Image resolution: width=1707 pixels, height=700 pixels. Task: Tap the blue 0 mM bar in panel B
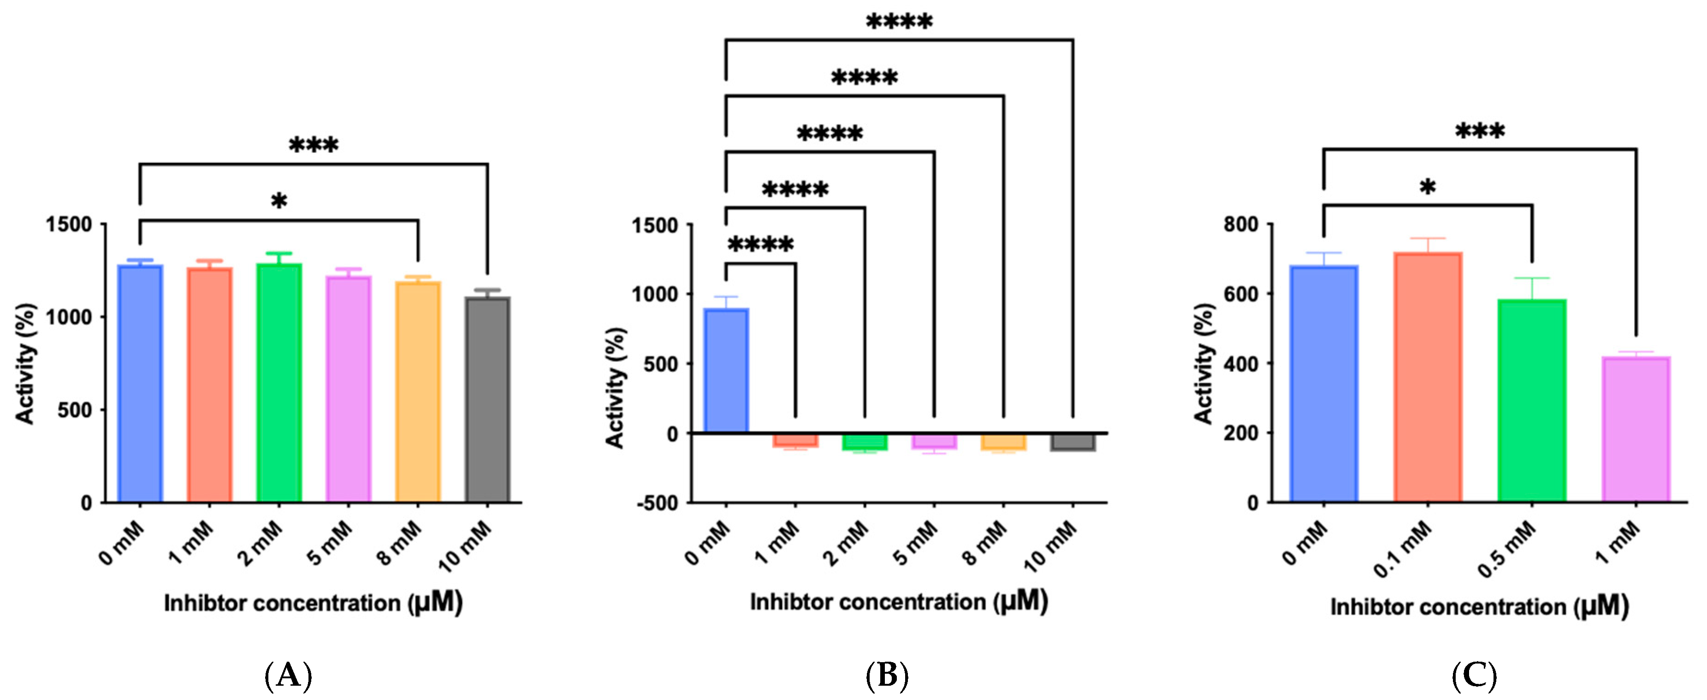pos(726,371)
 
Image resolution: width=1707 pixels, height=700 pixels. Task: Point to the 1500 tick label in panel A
pos(69,225)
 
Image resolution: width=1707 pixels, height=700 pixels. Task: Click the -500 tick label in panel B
pos(658,503)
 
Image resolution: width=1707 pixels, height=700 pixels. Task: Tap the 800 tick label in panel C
pos(1240,224)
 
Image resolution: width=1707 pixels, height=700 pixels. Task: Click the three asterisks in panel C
pos(1479,131)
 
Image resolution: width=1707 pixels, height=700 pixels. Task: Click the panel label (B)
pos(887,676)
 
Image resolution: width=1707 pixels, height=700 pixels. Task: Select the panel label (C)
pos(1474,676)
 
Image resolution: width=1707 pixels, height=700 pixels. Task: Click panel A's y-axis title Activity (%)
pos(25,363)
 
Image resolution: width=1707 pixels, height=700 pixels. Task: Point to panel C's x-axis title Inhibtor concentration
pos(1479,606)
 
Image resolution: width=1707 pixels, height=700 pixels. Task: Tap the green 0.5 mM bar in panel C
pos(1531,401)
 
